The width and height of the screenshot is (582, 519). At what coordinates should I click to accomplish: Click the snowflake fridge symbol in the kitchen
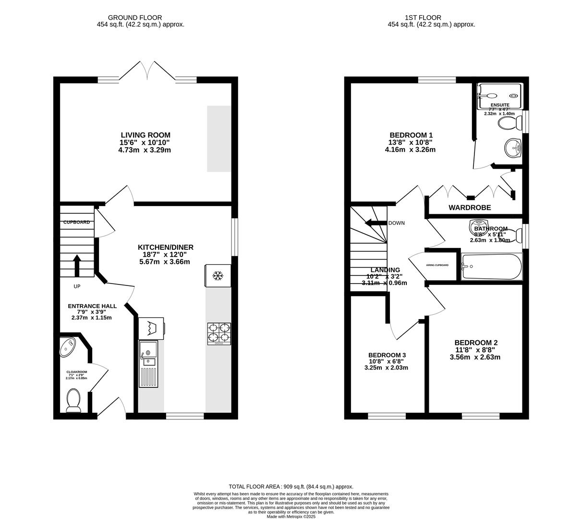(218, 276)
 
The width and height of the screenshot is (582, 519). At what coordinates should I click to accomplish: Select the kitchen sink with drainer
(147, 363)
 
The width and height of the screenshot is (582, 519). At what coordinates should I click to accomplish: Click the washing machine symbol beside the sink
(151, 328)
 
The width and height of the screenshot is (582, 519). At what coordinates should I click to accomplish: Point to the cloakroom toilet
(73, 400)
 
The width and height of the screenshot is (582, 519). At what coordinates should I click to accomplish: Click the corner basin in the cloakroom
(68, 346)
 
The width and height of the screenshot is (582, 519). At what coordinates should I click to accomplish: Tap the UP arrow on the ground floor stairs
(76, 265)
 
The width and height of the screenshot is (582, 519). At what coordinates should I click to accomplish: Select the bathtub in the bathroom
(491, 267)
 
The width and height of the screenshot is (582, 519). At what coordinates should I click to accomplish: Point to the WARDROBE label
(470, 208)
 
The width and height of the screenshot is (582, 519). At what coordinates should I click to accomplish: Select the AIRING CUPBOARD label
(437, 265)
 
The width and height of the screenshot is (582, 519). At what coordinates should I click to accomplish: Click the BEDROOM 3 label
(387, 355)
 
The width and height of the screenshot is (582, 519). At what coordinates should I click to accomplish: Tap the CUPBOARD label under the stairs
(76, 222)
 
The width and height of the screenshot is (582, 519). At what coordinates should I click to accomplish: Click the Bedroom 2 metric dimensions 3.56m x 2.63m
(475, 357)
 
